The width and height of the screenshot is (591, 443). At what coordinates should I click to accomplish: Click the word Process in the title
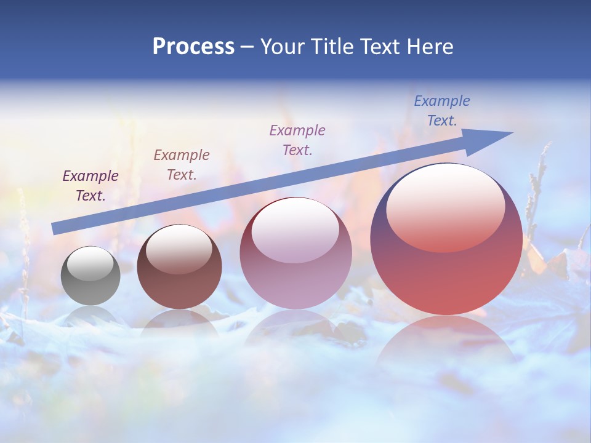pyautogui.click(x=193, y=47)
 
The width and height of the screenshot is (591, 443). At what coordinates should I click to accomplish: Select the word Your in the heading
pyautogui.click(x=281, y=47)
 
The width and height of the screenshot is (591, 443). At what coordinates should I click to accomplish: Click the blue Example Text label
pyautogui.click(x=441, y=111)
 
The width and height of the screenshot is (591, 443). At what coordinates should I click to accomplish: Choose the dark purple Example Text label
pyautogui.click(x=90, y=186)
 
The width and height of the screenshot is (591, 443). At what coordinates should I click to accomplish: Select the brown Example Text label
pyautogui.click(x=182, y=164)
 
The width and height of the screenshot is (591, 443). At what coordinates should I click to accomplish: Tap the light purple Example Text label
pyautogui.click(x=297, y=140)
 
